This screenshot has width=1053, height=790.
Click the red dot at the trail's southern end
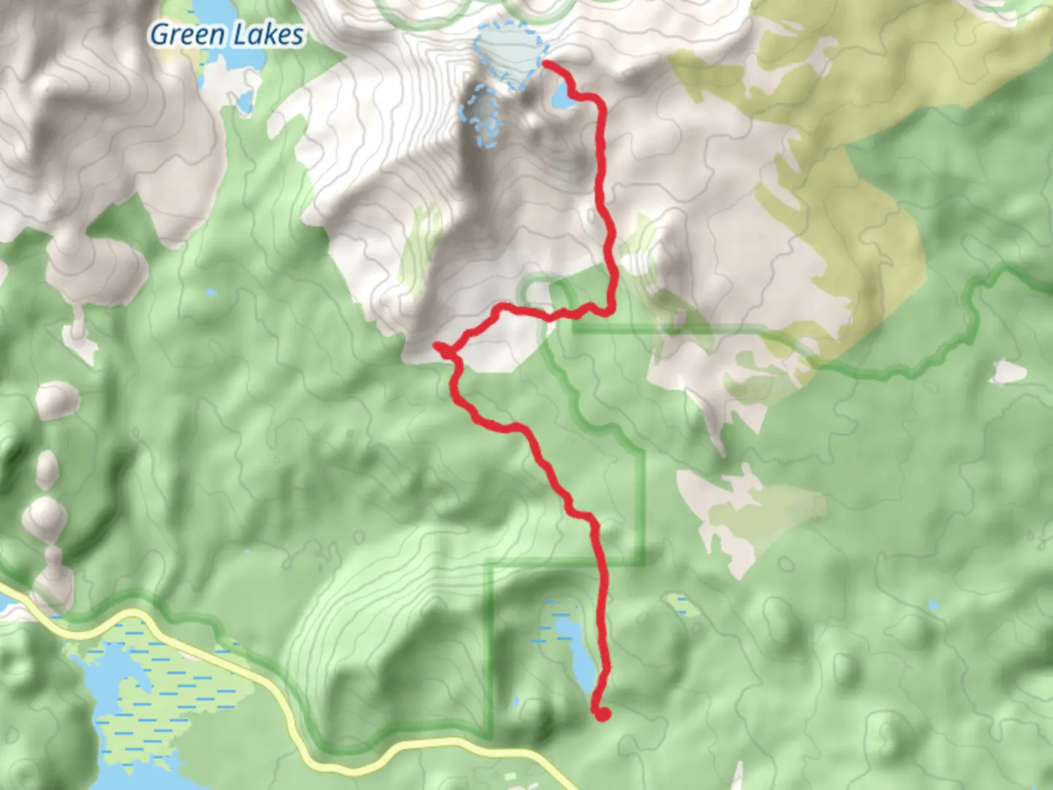pyautogui.click(x=602, y=714)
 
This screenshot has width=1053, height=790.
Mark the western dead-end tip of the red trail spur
pyautogui.click(x=437, y=345)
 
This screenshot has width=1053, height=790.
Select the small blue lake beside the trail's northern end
pyautogui.click(x=559, y=98)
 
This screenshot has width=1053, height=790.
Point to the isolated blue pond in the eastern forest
pyautogui.click(x=932, y=606)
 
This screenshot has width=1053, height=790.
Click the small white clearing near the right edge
pyautogui.click(x=1009, y=372)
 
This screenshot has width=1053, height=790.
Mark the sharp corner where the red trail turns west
pyautogui.click(x=610, y=312)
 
